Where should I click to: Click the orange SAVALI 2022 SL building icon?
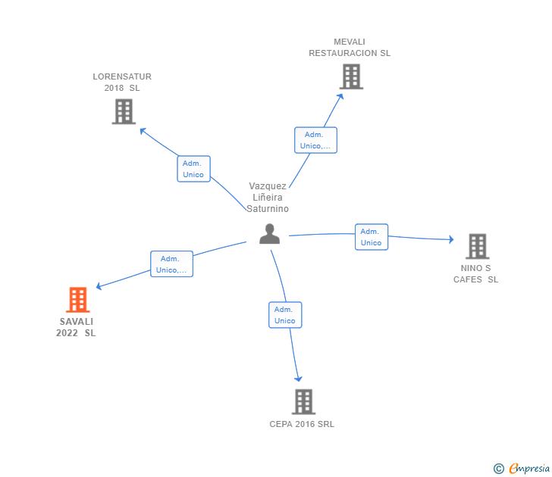(78, 300)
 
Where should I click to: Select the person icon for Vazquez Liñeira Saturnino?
(270, 234)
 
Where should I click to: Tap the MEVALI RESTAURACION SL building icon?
(351, 76)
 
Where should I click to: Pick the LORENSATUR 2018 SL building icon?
(124, 111)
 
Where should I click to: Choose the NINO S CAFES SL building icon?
(478, 246)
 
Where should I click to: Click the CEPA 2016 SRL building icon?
(304, 402)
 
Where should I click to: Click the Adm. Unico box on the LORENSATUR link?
(193, 169)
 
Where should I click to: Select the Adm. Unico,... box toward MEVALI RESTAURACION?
(315, 140)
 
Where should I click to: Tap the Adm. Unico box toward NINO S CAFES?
(372, 237)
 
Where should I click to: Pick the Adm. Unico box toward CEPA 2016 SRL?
(285, 315)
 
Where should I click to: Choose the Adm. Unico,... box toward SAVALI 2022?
(172, 264)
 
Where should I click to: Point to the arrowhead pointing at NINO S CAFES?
(452, 239)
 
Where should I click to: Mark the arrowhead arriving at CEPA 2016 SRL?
(299, 379)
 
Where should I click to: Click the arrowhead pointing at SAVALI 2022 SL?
(99, 286)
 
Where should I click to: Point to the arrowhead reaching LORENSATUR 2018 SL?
(143, 130)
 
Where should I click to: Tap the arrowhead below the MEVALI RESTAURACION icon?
(340, 96)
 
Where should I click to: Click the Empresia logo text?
(529, 468)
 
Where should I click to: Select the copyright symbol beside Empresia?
(499, 469)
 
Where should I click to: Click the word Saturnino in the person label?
(268, 209)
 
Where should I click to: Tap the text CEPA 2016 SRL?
(302, 424)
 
